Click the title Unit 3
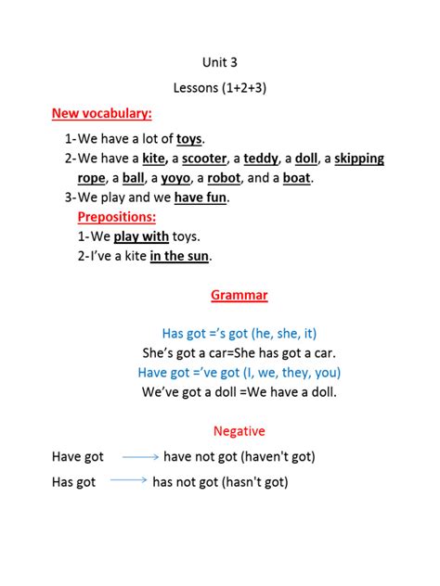click(220, 63)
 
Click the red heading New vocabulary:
click(101, 113)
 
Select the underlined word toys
click(189, 139)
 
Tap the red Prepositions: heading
click(116, 216)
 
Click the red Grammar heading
click(239, 295)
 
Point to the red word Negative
click(239, 431)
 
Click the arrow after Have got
click(140, 457)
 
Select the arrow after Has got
click(129, 480)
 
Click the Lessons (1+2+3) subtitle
click(220, 88)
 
